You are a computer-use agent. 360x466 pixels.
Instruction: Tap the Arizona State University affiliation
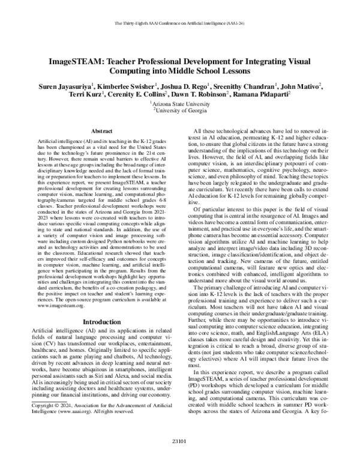pyautogui.click(x=180, y=103)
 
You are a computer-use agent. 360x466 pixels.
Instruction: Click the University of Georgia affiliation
pyautogui.click(x=180, y=110)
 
